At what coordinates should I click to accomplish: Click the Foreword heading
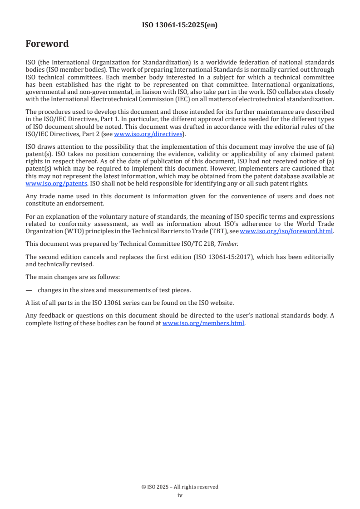point(47,44)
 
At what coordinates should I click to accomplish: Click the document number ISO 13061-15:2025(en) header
point(180,25)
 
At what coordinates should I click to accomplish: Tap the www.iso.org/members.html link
point(203,323)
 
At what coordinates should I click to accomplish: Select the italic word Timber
point(228,244)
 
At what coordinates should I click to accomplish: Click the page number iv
point(180,495)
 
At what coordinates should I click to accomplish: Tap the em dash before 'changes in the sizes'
point(29,290)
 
